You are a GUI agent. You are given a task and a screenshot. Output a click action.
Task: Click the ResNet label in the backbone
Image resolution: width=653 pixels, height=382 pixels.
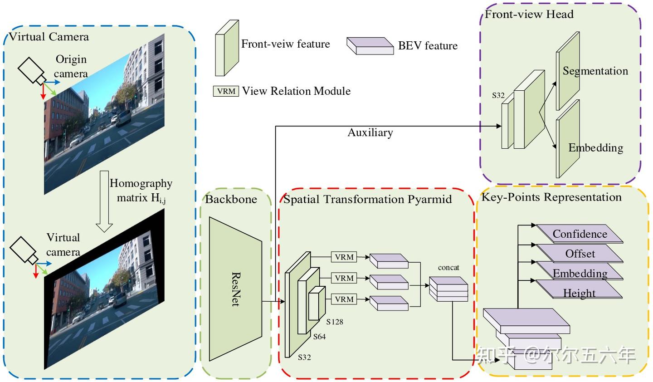tap(236, 289)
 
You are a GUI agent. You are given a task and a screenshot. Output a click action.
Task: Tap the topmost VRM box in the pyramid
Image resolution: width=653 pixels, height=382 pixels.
tap(344, 257)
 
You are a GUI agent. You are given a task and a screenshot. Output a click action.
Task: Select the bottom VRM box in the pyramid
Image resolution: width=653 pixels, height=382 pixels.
tap(344, 299)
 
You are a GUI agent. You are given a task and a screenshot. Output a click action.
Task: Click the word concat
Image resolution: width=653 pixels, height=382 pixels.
tap(448, 268)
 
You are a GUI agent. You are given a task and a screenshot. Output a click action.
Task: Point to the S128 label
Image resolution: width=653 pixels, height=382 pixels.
tap(335, 322)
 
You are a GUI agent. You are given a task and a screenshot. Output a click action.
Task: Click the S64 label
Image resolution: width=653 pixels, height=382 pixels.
tap(319, 337)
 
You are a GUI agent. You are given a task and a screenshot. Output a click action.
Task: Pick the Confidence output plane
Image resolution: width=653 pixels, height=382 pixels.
tap(580, 234)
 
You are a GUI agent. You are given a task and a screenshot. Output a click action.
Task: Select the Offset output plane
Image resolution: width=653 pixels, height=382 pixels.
tap(580, 254)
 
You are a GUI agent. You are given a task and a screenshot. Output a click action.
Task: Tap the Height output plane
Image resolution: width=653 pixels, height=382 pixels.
tap(579, 293)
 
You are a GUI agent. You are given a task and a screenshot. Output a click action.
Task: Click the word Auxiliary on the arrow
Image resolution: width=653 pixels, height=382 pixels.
tap(370, 132)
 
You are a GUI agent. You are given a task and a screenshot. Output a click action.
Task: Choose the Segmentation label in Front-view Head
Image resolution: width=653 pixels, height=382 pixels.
tap(595, 71)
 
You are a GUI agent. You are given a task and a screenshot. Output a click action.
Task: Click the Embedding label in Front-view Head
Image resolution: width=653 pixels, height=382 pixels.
tap(595, 147)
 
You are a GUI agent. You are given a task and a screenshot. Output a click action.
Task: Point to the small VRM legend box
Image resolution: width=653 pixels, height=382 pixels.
tap(226, 91)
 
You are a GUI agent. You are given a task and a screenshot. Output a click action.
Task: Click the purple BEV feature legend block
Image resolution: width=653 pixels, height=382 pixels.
tap(370, 46)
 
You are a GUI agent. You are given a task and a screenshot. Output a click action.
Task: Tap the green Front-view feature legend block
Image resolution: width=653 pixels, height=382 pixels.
tap(227, 48)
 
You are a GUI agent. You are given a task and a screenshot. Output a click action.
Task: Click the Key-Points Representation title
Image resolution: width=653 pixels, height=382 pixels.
tap(551, 197)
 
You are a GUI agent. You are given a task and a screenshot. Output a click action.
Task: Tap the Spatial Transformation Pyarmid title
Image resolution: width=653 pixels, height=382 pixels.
tap(367, 199)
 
